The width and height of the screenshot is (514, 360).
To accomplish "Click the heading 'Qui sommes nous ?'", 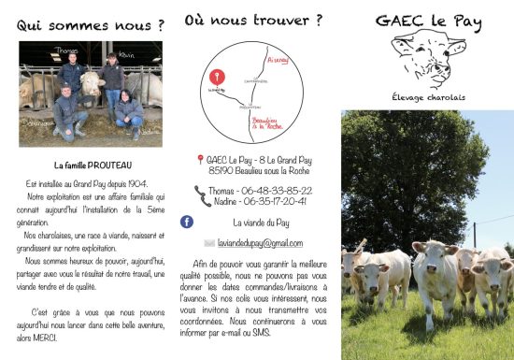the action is tap(85, 25).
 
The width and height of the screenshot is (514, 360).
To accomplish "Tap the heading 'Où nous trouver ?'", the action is tap(253, 19).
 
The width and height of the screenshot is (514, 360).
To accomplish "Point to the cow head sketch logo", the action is tap(429, 60).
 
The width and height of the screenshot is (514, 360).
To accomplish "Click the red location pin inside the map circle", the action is tap(218, 76).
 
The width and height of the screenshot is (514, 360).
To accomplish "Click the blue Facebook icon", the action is tap(187, 222).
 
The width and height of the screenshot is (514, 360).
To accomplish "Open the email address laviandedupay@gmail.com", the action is tap(265, 243).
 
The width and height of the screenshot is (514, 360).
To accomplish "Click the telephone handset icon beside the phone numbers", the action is tap(203, 195).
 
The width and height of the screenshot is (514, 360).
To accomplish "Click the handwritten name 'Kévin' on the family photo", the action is tap(127, 55).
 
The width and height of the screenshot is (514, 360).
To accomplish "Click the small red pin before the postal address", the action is tap(200, 160).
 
